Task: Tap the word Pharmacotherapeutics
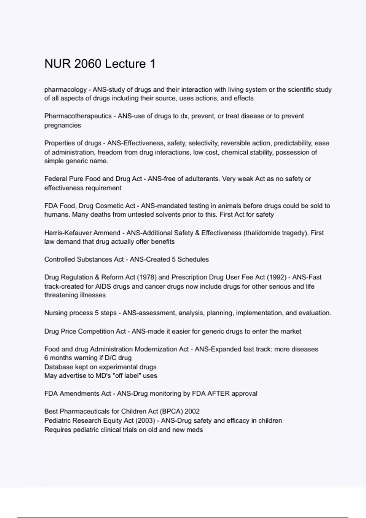pyautogui.click(x=78, y=116)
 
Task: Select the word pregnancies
pyautogui.click(x=63, y=125)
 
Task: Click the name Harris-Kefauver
pyautogui.click(x=67, y=233)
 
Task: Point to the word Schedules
pyautogui.click(x=193, y=259)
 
